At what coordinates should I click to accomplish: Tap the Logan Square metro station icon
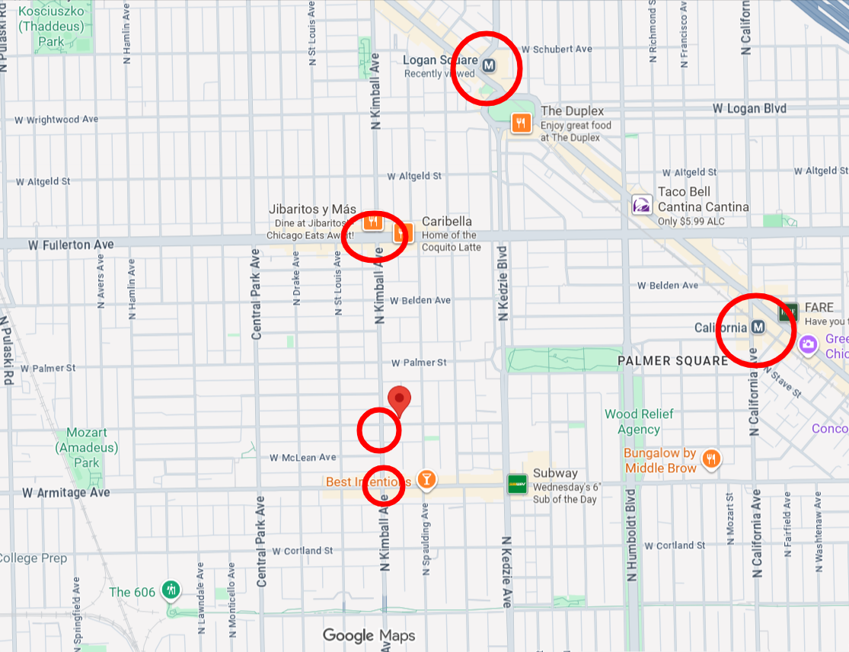click(490, 66)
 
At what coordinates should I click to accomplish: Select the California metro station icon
click(758, 327)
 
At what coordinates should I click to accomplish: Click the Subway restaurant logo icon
click(518, 483)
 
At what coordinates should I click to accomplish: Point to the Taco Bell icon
click(642, 206)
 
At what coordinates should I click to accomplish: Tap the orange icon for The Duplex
click(521, 123)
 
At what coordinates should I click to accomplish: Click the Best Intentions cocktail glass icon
click(426, 479)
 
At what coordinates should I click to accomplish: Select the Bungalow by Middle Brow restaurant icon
click(710, 459)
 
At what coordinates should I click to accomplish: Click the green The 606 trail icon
click(173, 590)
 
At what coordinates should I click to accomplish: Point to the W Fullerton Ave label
click(71, 244)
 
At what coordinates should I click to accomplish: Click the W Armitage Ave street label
click(65, 493)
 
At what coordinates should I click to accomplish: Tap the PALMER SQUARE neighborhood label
click(672, 360)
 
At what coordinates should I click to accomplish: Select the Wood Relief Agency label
click(639, 422)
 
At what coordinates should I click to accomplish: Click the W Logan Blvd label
click(749, 109)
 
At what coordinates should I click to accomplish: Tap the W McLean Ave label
click(302, 458)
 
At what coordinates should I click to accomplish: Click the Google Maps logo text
click(369, 635)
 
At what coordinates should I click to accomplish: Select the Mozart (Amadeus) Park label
click(86, 447)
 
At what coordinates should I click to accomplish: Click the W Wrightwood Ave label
click(56, 120)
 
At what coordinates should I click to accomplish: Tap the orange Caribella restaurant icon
click(403, 233)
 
